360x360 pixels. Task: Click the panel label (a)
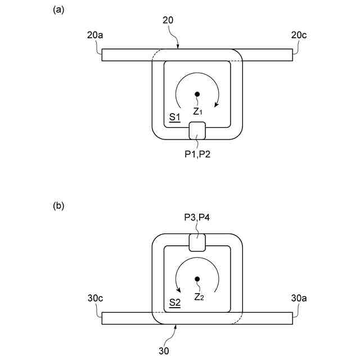pyautogui.click(x=58, y=9)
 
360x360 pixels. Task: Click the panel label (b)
pyautogui.click(x=58, y=206)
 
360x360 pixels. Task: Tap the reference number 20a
pyautogui.click(x=95, y=35)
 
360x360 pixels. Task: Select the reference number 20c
pyautogui.click(x=299, y=35)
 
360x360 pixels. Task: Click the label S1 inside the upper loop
pyautogui.click(x=174, y=117)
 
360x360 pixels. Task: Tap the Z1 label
pyautogui.click(x=198, y=111)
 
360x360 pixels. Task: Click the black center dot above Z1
pyautogui.click(x=197, y=94)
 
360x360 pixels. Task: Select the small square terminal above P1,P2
pyautogui.click(x=197, y=131)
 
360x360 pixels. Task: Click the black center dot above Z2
pyautogui.click(x=197, y=279)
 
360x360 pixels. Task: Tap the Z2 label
pyautogui.click(x=198, y=296)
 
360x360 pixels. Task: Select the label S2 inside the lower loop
pyautogui.click(x=175, y=303)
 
